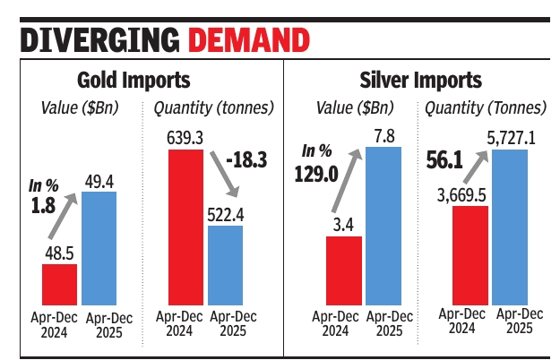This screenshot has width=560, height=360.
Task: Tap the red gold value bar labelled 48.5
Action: pos(58,285)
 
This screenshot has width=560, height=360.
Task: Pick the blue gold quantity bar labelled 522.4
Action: pos(225,265)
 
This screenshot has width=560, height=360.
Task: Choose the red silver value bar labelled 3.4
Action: pos(343,270)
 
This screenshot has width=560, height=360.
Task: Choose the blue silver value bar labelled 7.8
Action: pos(383,225)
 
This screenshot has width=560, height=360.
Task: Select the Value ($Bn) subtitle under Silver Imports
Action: pos(352,108)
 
